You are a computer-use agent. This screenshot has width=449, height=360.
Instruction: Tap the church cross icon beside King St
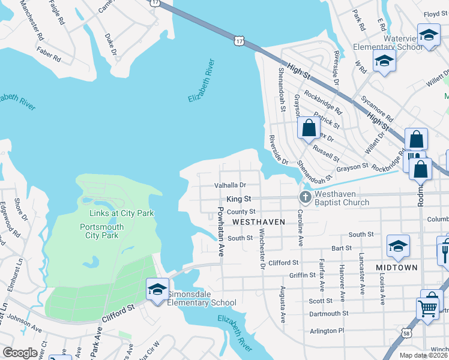pyautogui.click(x=305, y=197)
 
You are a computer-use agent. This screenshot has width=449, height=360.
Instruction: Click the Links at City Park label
pyautogui.click(x=118, y=213)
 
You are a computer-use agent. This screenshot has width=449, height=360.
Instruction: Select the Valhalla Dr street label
pyautogui.click(x=231, y=185)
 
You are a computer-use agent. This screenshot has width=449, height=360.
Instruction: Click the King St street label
pyautogui.click(x=238, y=199)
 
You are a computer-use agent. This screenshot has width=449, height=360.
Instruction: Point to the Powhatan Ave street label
pyautogui.click(x=221, y=232)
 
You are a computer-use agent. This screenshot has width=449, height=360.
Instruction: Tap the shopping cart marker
pyautogui.click(x=427, y=308)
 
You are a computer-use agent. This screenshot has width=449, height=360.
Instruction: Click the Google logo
pyautogui.click(x=20, y=353)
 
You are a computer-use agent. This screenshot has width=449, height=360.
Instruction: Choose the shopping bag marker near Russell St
pyautogui.click(x=309, y=128)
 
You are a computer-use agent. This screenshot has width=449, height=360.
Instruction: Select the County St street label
pyautogui.click(x=241, y=212)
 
